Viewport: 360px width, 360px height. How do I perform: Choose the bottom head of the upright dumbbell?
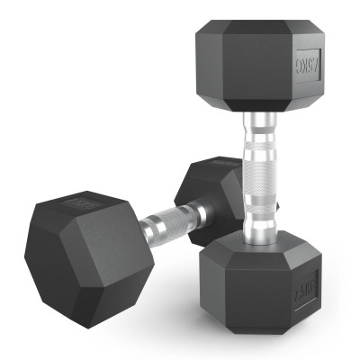pyautogui.click(x=256, y=283)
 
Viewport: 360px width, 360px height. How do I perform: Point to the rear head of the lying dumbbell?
pyautogui.click(x=202, y=189)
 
